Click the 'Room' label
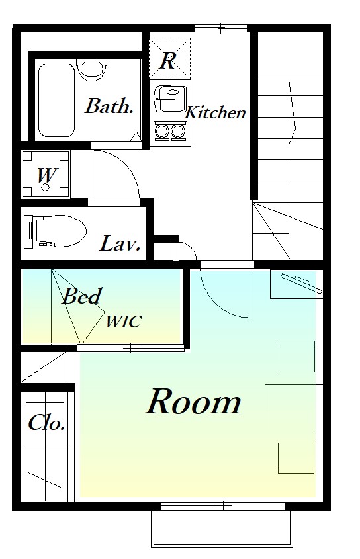[x=193, y=402]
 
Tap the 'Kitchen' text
[x=216, y=112]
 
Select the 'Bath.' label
[x=109, y=106]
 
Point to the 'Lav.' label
[x=120, y=243]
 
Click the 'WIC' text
[x=124, y=322]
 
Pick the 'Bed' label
[x=81, y=296]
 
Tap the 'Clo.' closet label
[x=46, y=423]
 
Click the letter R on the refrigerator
[x=167, y=61]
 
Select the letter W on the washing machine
[x=46, y=175]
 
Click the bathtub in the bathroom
[x=57, y=100]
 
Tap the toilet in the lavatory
[x=56, y=231]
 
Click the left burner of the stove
[x=161, y=130]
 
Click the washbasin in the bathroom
[x=93, y=71]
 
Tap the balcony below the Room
[x=222, y=529]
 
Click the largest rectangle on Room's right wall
[x=294, y=406]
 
